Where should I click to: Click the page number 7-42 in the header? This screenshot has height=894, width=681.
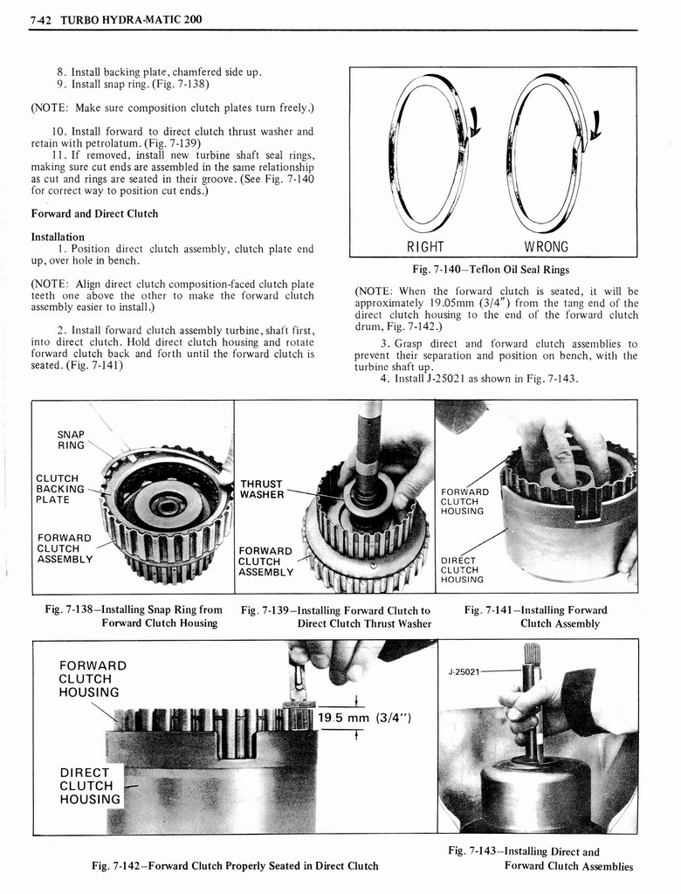point(39,19)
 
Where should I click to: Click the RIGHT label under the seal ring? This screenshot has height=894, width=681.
point(425,246)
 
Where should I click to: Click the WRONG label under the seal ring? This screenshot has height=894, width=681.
point(546,246)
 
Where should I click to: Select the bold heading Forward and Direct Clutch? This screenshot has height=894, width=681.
point(94,214)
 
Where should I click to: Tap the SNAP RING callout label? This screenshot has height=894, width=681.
point(71,439)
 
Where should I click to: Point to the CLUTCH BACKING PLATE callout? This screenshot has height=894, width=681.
point(60,489)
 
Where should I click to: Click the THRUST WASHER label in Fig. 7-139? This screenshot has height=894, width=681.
point(262,489)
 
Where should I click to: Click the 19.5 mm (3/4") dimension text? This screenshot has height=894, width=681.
point(364,719)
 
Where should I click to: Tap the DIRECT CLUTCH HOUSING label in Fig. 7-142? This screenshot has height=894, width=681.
point(90,786)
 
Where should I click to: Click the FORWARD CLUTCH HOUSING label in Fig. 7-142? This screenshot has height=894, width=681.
point(93,679)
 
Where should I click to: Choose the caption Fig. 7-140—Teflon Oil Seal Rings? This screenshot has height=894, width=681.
point(495,269)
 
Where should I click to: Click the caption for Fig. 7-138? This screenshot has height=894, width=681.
point(134,616)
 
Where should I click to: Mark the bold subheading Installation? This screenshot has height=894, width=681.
point(58,237)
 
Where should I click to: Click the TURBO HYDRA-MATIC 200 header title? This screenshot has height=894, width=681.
point(131,19)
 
